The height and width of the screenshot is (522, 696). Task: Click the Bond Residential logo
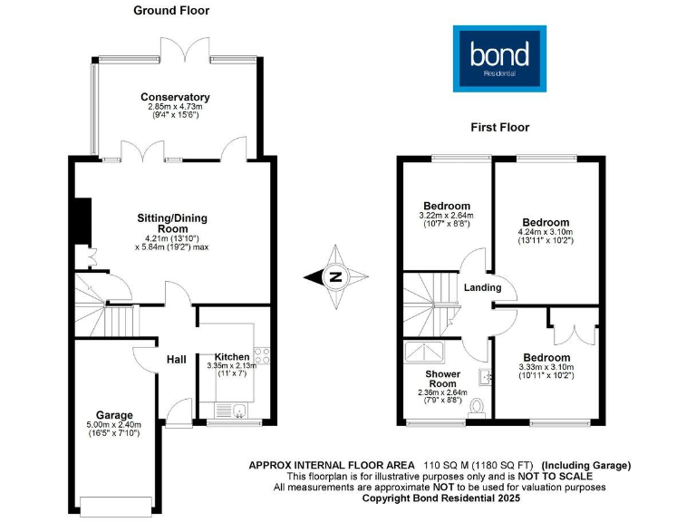(500, 57)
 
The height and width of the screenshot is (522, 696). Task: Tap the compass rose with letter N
(335, 277)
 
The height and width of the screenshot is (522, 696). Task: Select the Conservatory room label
(175, 97)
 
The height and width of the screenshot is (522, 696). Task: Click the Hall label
(176, 360)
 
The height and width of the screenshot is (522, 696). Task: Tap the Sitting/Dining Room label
(173, 224)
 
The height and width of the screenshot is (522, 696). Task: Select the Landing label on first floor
(483, 288)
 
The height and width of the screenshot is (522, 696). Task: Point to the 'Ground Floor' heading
(170, 11)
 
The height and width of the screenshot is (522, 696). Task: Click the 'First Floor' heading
(499, 128)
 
